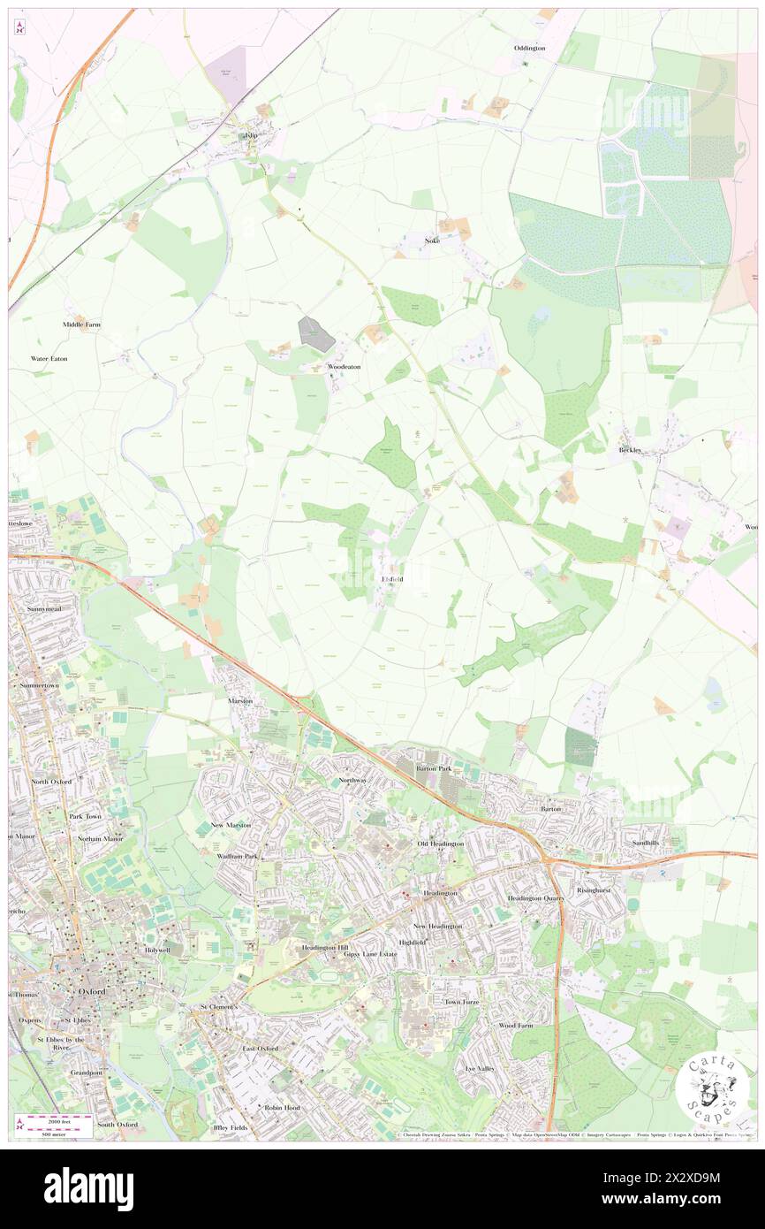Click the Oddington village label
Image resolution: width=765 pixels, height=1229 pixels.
(530, 48)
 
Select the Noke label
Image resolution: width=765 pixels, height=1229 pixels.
(432, 240)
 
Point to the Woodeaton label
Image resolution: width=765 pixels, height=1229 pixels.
(345, 366)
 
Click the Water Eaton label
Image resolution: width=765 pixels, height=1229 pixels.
(49, 359)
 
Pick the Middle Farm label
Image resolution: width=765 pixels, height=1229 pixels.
(81, 324)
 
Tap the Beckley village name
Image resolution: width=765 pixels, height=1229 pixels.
(630, 450)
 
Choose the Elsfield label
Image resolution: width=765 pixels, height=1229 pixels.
(392, 579)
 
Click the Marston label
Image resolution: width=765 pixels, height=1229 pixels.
(240, 701)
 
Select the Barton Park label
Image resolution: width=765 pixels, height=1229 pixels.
(434, 769)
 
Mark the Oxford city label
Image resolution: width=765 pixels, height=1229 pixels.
(92, 992)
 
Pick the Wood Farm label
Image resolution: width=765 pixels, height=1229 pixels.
(517, 1026)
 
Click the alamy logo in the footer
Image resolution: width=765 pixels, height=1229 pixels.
(88, 1189)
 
